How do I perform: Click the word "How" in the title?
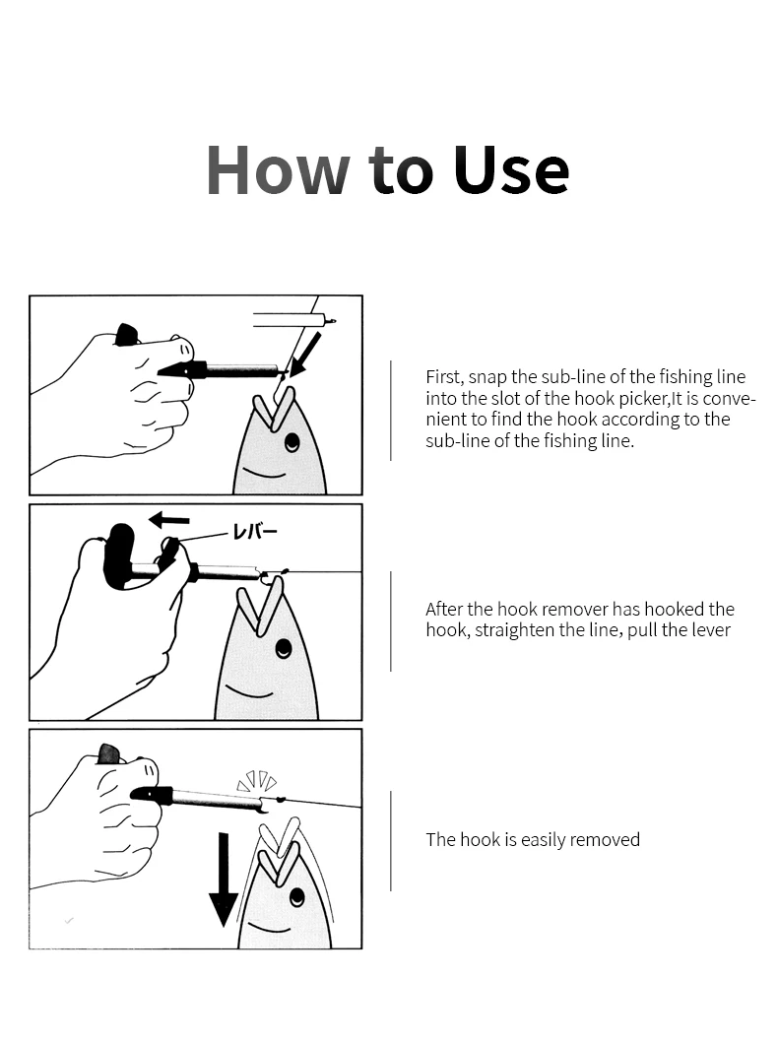click(x=278, y=169)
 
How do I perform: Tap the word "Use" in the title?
click(x=511, y=169)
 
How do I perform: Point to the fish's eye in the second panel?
click(x=285, y=646)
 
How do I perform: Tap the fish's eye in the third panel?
click(x=296, y=897)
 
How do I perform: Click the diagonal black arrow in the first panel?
click(x=305, y=355)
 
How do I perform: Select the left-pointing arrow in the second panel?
click(x=168, y=519)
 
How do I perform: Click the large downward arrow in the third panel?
click(x=224, y=879)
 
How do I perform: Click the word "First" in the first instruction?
click(x=444, y=377)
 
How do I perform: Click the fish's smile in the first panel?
click(x=264, y=473)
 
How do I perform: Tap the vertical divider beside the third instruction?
click(x=391, y=841)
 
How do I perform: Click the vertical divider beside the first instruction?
click(x=391, y=410)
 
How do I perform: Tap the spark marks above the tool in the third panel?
click(x=257, y=781)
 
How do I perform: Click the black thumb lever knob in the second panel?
click(x=122, y=555)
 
